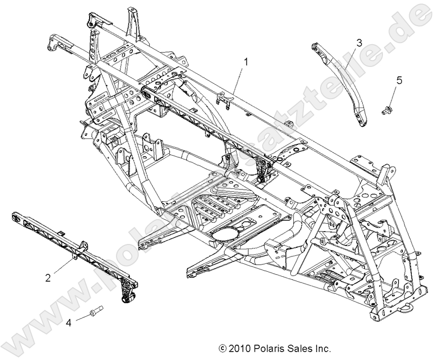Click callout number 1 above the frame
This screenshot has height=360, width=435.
tap(245, 61)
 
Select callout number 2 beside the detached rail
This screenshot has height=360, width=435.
tap(48, 278)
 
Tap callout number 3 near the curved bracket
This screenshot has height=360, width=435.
tap(359, 43)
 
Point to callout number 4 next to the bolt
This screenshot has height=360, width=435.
tap(69, 323)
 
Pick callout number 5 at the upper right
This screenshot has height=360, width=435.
tap(399, 80)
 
